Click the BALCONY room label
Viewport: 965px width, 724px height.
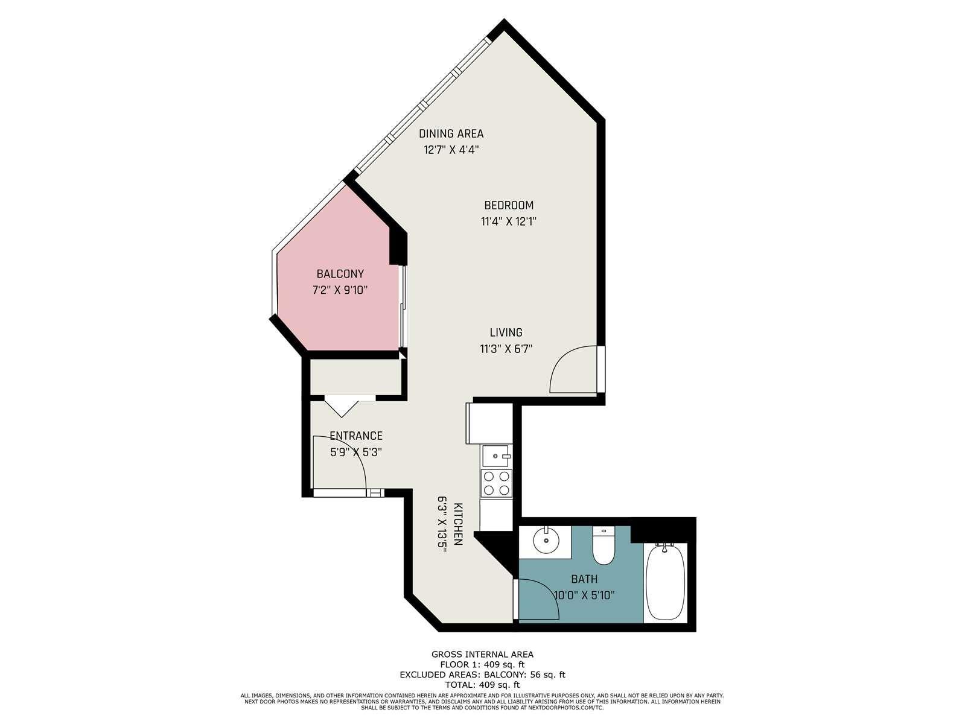(x=340, y=274)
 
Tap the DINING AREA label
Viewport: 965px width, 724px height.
(x=451, y=133)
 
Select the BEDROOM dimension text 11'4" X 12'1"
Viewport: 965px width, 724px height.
(x=509, y=221)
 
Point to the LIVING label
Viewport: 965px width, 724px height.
(x=506, y=332)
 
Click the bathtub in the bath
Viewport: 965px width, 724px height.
(x=664, y=582)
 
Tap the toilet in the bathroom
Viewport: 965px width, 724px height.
(x=603, y=545)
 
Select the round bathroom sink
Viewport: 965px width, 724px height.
(x=546, y=541)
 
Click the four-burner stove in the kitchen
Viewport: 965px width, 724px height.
(x=496, y=483)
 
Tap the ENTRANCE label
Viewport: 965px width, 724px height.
(x=355, y=436)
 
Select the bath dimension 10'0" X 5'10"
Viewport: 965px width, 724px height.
(x=584, y=595)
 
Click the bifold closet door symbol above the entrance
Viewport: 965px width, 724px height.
(x=342, y=407)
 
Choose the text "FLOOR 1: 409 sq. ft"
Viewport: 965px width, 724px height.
(x=482, y=665)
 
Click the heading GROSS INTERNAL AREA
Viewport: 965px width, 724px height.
(x=482, y=655)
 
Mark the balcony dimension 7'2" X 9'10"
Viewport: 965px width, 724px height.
(x=340, y=290)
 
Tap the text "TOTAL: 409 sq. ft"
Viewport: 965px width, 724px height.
(x=482, y=684)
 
